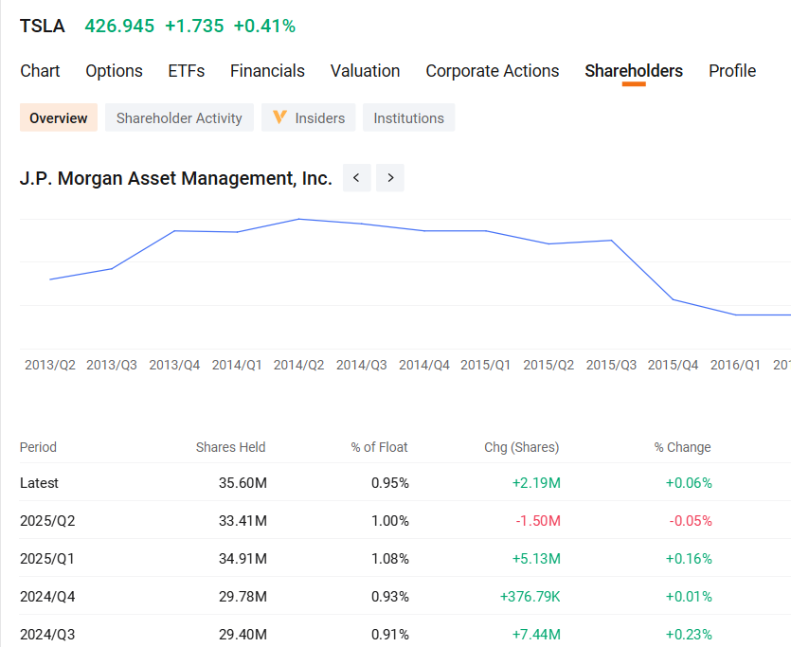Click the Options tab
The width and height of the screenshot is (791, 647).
(114, 71)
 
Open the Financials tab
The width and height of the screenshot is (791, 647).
(267, 71)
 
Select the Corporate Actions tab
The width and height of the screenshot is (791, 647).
(492, 71)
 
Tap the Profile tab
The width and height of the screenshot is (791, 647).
(731, 71)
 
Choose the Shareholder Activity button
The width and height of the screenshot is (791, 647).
(179, 118)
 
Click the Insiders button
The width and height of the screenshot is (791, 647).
(310, 118)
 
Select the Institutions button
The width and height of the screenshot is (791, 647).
(408, 118)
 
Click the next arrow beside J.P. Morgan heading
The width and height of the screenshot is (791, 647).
(390, 178)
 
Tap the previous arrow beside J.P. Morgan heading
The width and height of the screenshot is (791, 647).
(356, 178)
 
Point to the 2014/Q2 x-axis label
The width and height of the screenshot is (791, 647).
(298, 365)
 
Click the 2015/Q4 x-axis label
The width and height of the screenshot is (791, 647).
(673, 365)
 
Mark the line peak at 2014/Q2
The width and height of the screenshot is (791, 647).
(299, 219)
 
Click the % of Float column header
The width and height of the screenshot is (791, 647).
(379, 447)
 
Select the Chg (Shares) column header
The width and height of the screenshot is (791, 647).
(521, 447)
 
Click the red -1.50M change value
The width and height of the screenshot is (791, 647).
(538, 521)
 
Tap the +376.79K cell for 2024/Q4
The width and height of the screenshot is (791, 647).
(530, 597)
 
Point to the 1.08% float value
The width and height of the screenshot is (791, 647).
(389, 559)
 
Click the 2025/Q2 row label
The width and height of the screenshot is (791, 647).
(42, 521)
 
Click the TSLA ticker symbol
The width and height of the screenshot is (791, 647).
(43, 27)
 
